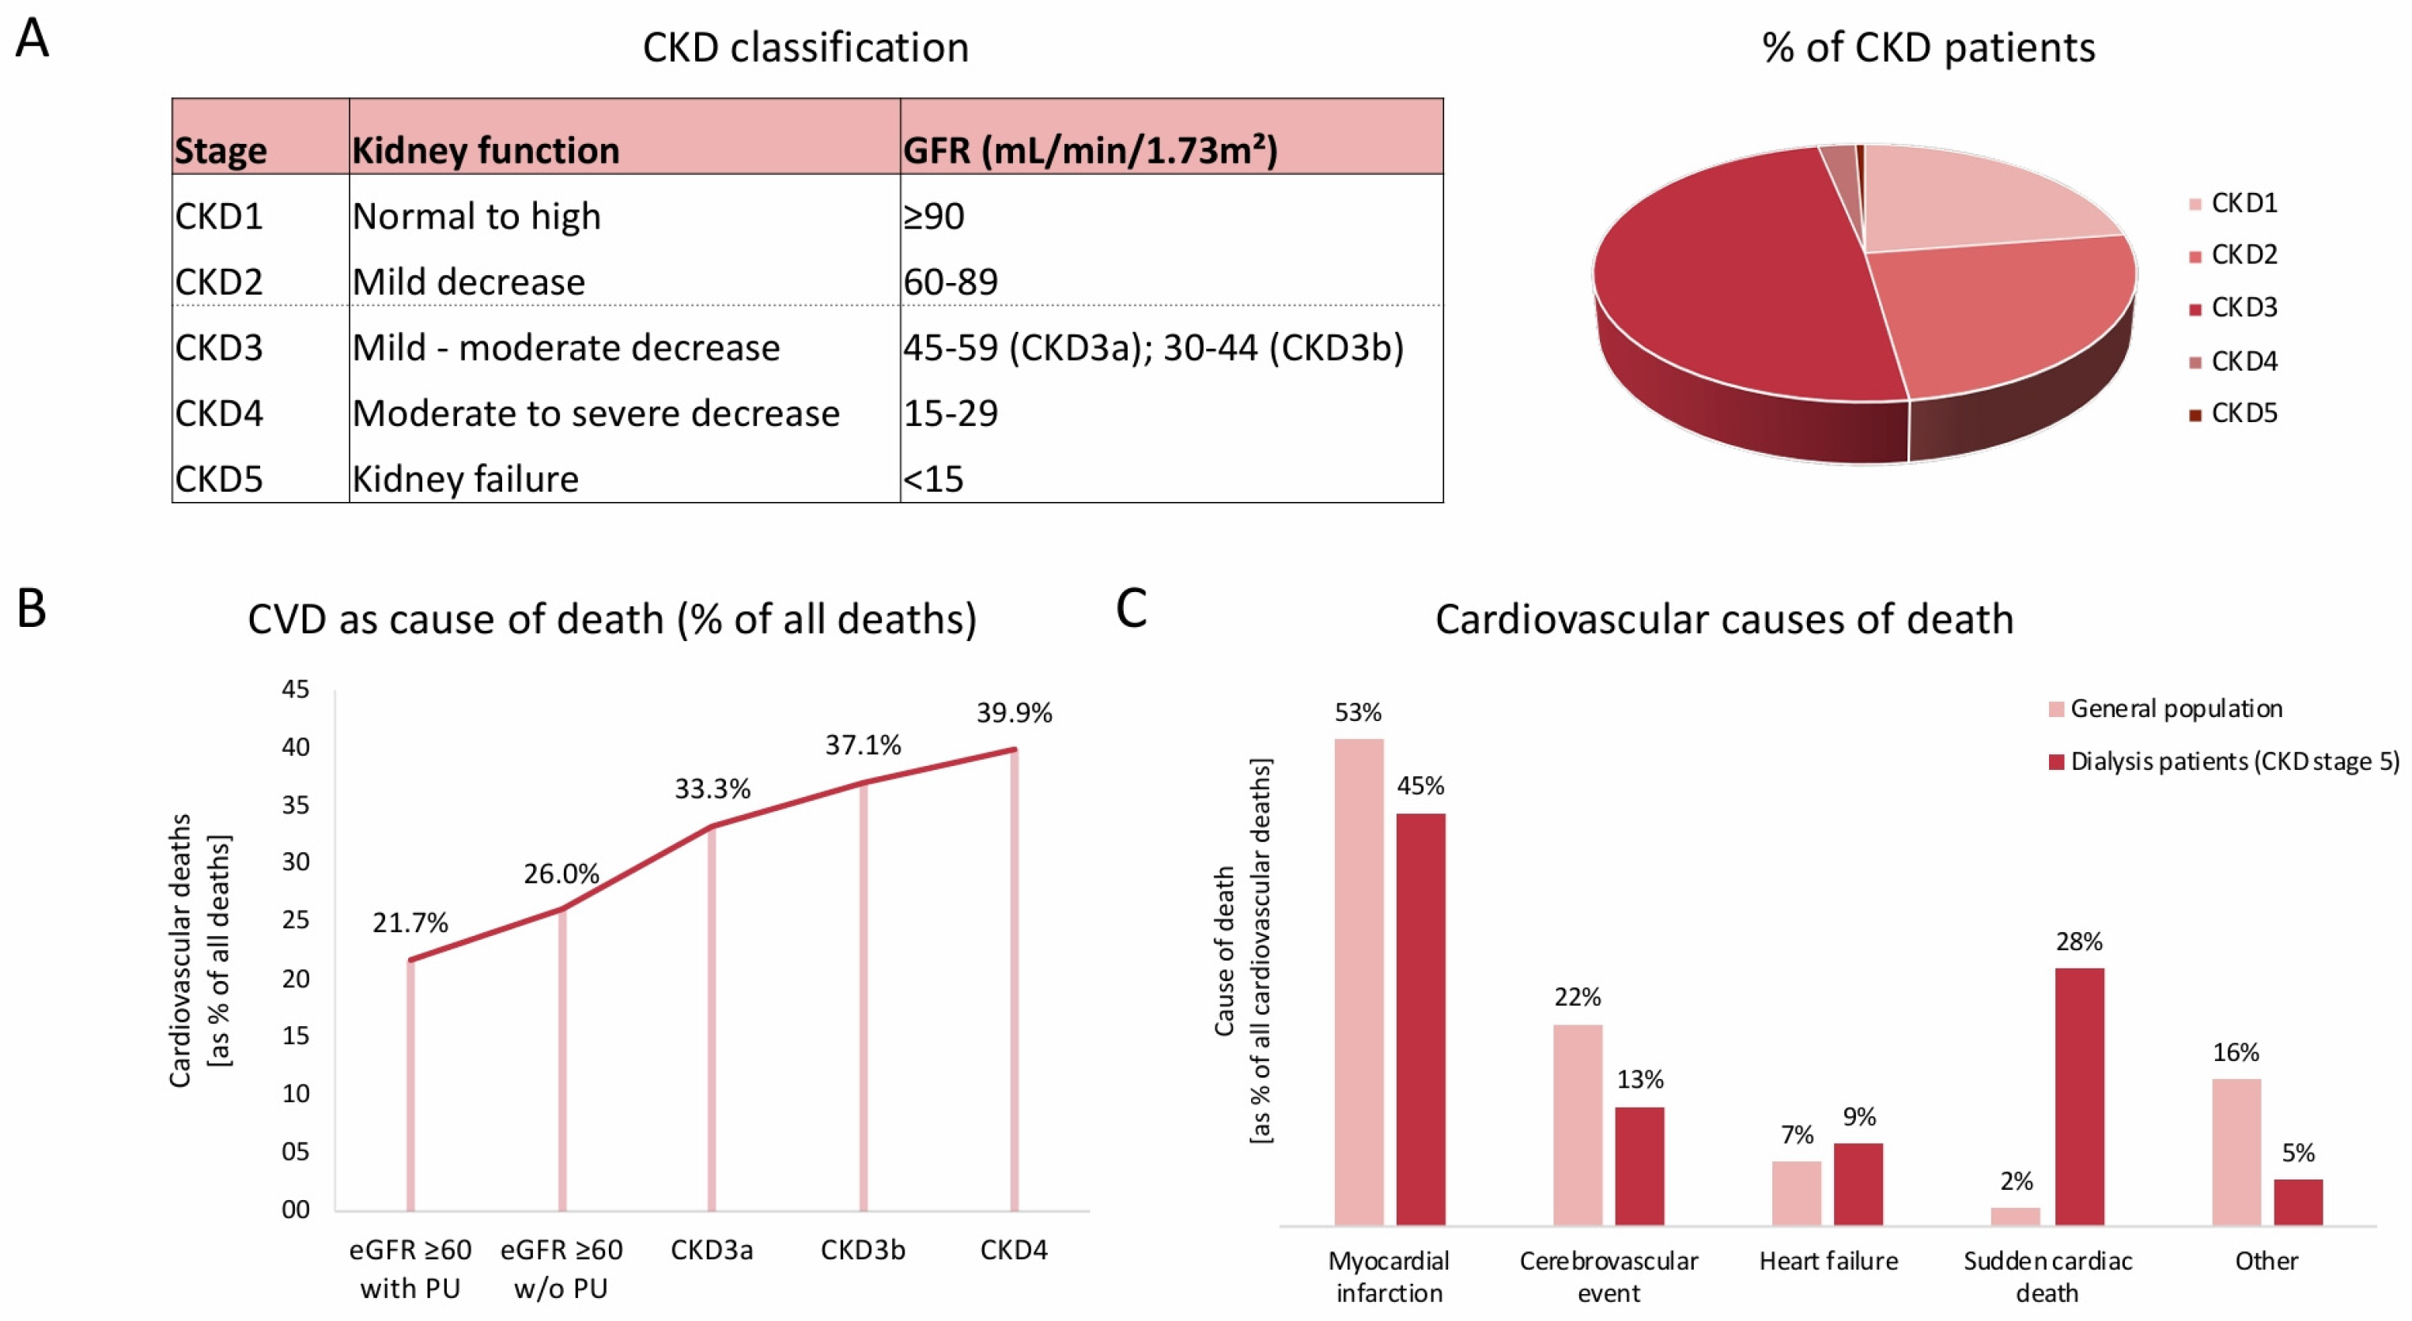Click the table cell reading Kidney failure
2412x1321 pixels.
coord(465,479)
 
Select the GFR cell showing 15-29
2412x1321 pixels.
coord(951,413)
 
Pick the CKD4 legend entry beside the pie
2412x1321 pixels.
coord(2243,361)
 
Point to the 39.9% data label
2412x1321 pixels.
coord(1014,713)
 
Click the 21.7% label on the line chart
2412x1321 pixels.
coord(410,923)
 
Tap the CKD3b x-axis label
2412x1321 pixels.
coord(862,1250)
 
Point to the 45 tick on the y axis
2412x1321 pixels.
coord(295,690)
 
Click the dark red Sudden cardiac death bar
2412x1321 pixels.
coord(2080,1096)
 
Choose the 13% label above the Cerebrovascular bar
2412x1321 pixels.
coord(1639,1079)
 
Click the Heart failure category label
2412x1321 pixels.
coord(1828,1261)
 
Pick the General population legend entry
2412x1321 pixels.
coord(2175,708)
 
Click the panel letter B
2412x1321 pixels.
coord(32,609)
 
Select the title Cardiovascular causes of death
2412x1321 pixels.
coord(1724,620)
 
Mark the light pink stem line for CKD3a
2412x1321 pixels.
coord(712,1021)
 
